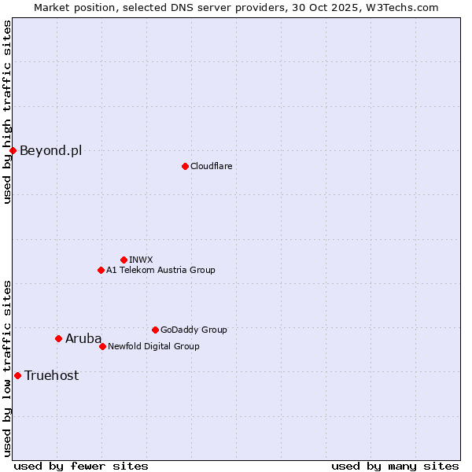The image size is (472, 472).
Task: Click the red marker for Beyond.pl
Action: coord(13,150)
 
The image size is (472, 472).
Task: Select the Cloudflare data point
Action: coord(185,166)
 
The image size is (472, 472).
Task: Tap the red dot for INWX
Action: coord(124,260)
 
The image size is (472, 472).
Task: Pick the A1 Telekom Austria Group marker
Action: coord(101,270)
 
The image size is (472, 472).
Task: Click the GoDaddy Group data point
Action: coord(155,330)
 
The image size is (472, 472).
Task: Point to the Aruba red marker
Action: coord(58,338)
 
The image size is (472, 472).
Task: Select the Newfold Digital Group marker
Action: coord(102,346)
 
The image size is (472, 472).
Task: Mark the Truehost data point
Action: coord(17,375)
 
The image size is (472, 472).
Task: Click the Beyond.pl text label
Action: coord(50,150)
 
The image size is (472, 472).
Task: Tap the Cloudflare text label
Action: coord(211,166)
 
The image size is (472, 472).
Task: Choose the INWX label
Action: coord(141,260)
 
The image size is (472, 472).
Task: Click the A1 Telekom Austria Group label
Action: coord(160,270)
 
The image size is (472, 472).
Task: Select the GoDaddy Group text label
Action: coord(194,330)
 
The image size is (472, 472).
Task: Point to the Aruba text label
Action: coord(83,338)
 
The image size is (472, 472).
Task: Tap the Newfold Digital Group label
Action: coord(153,346)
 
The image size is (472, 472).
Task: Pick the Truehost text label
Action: coord(51,375)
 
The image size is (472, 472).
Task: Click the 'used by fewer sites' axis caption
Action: coord(81,466)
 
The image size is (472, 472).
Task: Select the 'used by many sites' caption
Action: coord(395,466)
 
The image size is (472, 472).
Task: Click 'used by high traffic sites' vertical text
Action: coord(7,112)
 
